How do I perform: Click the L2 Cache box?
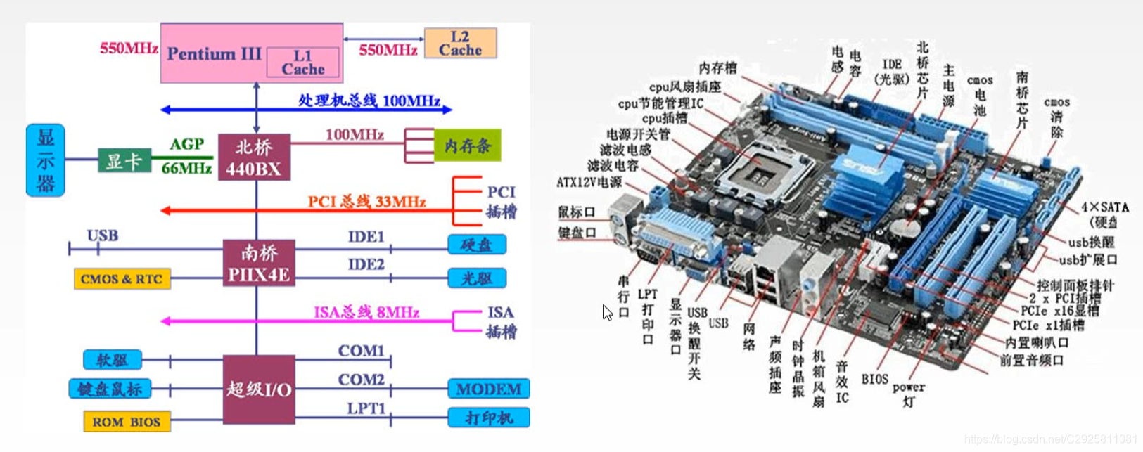click(461, 44)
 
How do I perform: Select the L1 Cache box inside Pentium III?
click(302, 63)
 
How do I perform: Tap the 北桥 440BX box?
click(254, 157)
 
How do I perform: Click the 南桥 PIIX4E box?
click(259, 263)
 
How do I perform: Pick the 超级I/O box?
click(259, 389)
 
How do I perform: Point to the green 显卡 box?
click(124, 161)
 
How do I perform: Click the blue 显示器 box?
click(46, 160)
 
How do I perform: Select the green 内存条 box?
click(467, 146)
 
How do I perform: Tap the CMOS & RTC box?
click(122, 279)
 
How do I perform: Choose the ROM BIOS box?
click(127, 422)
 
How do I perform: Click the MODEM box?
click(488, 389)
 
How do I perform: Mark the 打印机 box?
click(488, 418)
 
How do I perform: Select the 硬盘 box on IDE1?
click(476, 245)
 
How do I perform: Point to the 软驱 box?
click(113, 360)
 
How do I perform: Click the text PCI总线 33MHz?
click(366, 202)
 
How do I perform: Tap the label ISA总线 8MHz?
click(366, 312)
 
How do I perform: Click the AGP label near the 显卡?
click(186, 144)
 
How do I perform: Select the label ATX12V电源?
click(589, 183)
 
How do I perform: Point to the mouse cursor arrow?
click(607, 312)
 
